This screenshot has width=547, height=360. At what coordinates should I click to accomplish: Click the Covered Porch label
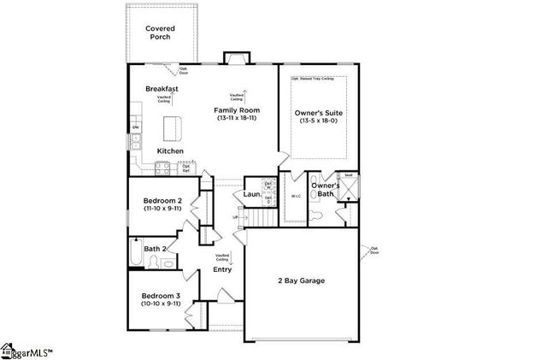click(160, 33)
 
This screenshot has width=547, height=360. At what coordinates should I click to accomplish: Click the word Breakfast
click(162, 88)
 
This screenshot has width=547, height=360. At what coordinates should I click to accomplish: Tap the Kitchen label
click(169, 151)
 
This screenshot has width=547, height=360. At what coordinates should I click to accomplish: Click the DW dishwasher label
click(135, 128)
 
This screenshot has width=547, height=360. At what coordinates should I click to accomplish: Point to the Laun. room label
click(251, 195)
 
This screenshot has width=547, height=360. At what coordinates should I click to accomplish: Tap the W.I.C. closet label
click(296, 197)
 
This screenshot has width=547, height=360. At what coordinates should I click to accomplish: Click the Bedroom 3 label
click(160, 295)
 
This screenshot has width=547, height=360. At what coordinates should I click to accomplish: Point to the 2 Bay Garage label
click(299, 280)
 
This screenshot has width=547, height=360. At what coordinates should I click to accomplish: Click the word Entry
click(222, 270)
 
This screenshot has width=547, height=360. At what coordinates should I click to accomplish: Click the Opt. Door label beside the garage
click(373, 251)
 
